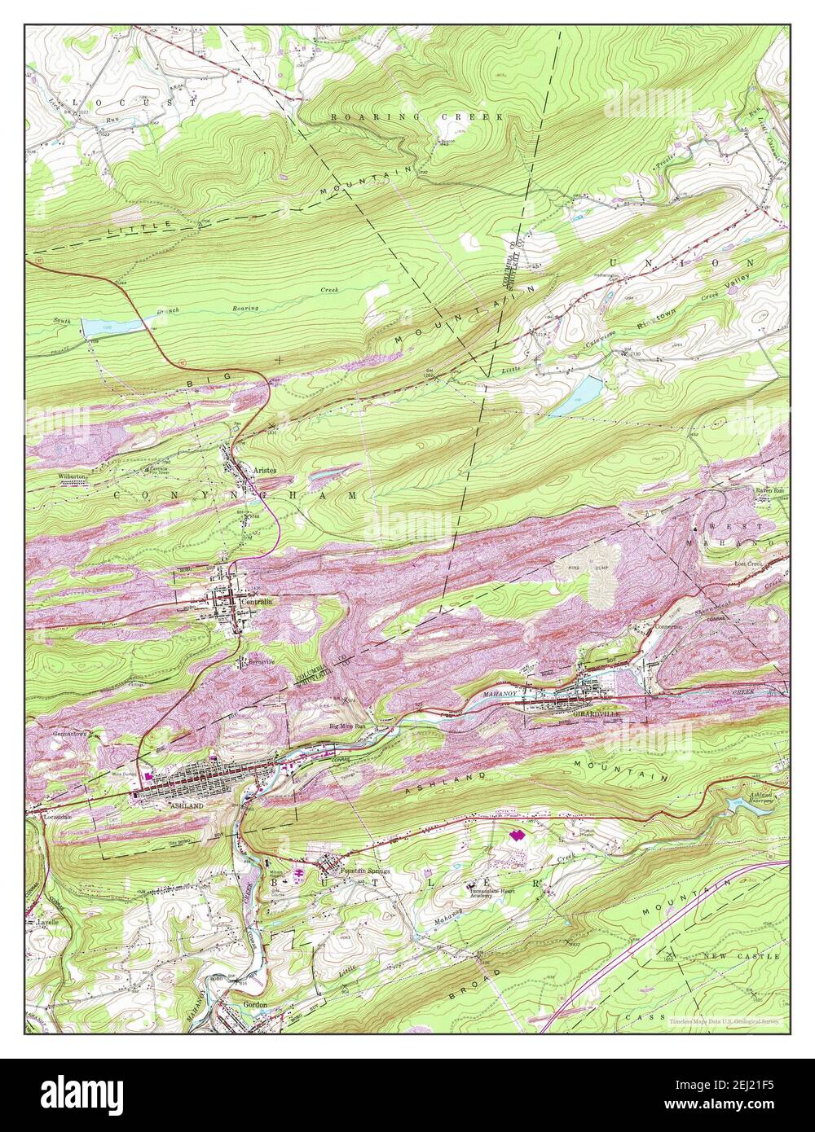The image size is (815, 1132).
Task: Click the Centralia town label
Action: point(257,601)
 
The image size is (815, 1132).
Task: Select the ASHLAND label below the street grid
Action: point(187,804)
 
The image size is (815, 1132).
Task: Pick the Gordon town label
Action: point(255,1005)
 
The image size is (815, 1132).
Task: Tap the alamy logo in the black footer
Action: point(82,1091)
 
